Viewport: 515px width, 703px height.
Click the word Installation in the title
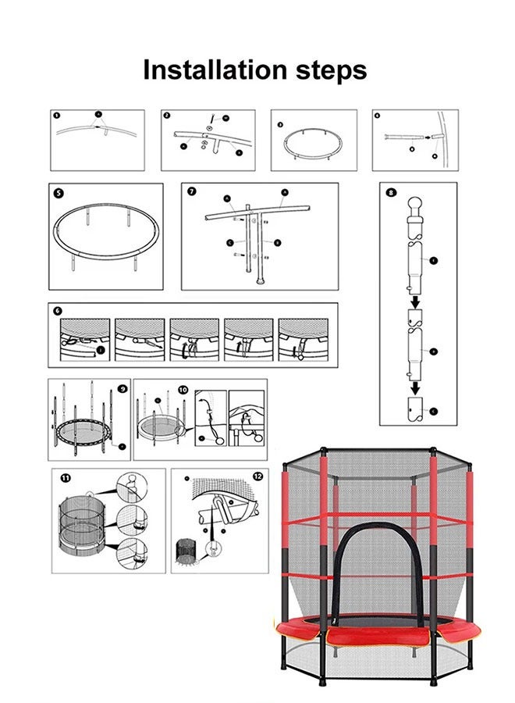point(204,70)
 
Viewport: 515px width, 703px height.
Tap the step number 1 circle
point(57,115)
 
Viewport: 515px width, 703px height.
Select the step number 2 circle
point(167,115)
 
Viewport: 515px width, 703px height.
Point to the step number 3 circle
point(280,123)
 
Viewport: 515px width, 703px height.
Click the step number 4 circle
point(378,115)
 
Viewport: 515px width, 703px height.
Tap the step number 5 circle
point(59,192)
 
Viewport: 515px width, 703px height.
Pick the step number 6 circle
point(58,310)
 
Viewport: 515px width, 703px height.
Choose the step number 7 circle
point(191,191)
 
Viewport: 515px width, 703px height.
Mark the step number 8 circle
point(391,191)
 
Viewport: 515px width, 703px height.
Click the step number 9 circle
point(123,388)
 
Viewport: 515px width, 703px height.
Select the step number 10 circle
point(183,389)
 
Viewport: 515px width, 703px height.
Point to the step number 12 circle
point(257,476)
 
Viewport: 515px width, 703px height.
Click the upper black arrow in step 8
point(417,301)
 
